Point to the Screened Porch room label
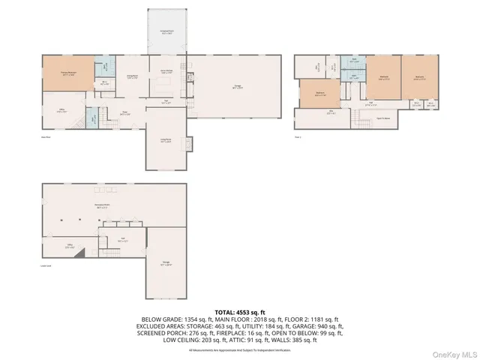(x=166, y=32)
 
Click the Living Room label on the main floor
(x=165, y=139)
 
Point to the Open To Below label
(x=382, y=118)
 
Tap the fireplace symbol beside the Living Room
(x=188, y=142)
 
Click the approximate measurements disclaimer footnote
(x=239, y=349)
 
